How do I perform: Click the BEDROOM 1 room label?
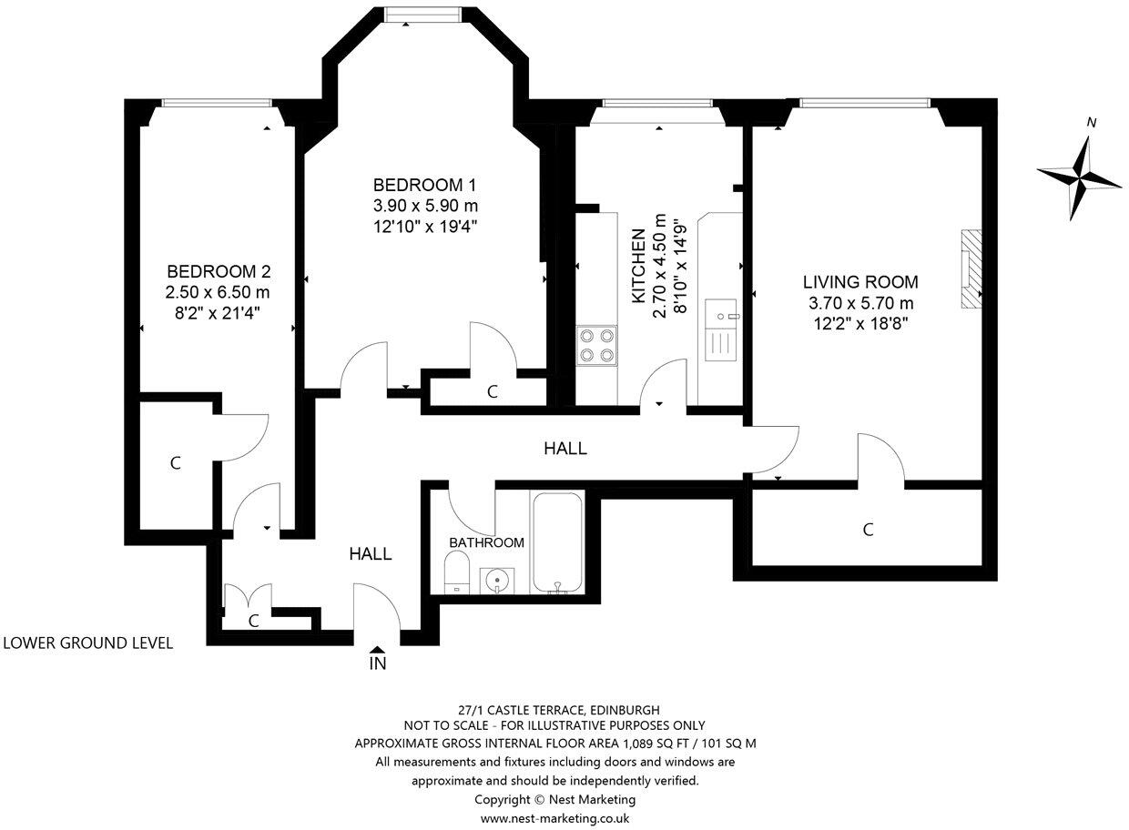pyautogui.click(x=424, y=186)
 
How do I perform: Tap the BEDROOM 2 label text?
pyautogui.click(x=219, y=272)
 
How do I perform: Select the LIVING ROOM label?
pyautogui.click(x=860, y=282)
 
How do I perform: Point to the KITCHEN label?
pyautogui.click(x=638, y=266)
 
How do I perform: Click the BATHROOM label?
pyautogui.click(x=486, y=542)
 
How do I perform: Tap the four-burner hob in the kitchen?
pyautogui.click(x=597, y=345)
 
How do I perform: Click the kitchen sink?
pyautogui.click(x=721, y=330)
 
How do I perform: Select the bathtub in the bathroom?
pyautogui.click(x=557, y=542)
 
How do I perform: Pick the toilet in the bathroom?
pyautogui.click(x=457, y=572)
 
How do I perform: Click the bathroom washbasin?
pyautogui.click(x=497, y=581)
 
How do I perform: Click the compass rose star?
pyautogui.click(x=1080, y=177)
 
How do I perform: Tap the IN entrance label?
pyautogui.click(x=378, y=663)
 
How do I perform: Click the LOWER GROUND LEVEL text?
pyautogui.click(x=88, y=643)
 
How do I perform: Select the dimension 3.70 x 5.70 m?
pyautogui.click(x=861, y=303)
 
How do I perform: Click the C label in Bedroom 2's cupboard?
pyautogui.click(x=176, y=463)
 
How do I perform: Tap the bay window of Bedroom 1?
pyautogui.click(x=422, y=15)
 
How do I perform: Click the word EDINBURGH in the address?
pyautogui.click(x=625, y=711)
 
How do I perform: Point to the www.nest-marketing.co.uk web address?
pyautogui.click(x=554, y=818)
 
